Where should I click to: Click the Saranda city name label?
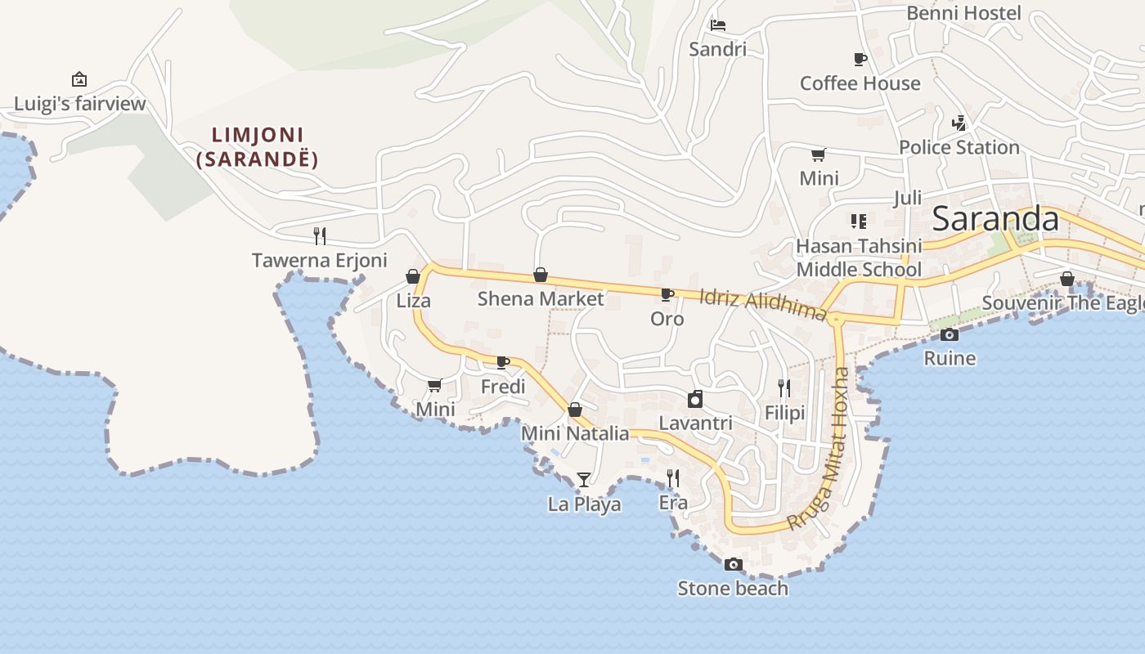tap(995, 219)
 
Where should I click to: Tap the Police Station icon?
tap(959, 123)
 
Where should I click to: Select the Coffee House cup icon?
tap(860, 59)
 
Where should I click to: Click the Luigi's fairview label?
tap(80, 104)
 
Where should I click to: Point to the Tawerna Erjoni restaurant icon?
tap(320, 236)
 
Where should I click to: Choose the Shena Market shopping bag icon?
tap(540, 275)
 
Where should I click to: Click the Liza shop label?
tap(413, 301)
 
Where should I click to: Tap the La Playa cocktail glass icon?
tap(583, 479)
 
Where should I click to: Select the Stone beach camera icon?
tap(733, 564)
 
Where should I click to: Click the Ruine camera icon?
tap(950, 334)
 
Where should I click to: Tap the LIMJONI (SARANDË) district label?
tap(257, 147)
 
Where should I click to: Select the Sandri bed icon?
tap(718, 25)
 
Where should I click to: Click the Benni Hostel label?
tap(963, 13)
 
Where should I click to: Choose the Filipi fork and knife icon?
tap(784, 388)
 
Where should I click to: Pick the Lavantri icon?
tap(695, 399)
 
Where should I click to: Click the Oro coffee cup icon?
tap(667, 294)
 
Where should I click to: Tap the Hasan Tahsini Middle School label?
tap(859, 258)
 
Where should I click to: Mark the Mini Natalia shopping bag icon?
tap(575, 410)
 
